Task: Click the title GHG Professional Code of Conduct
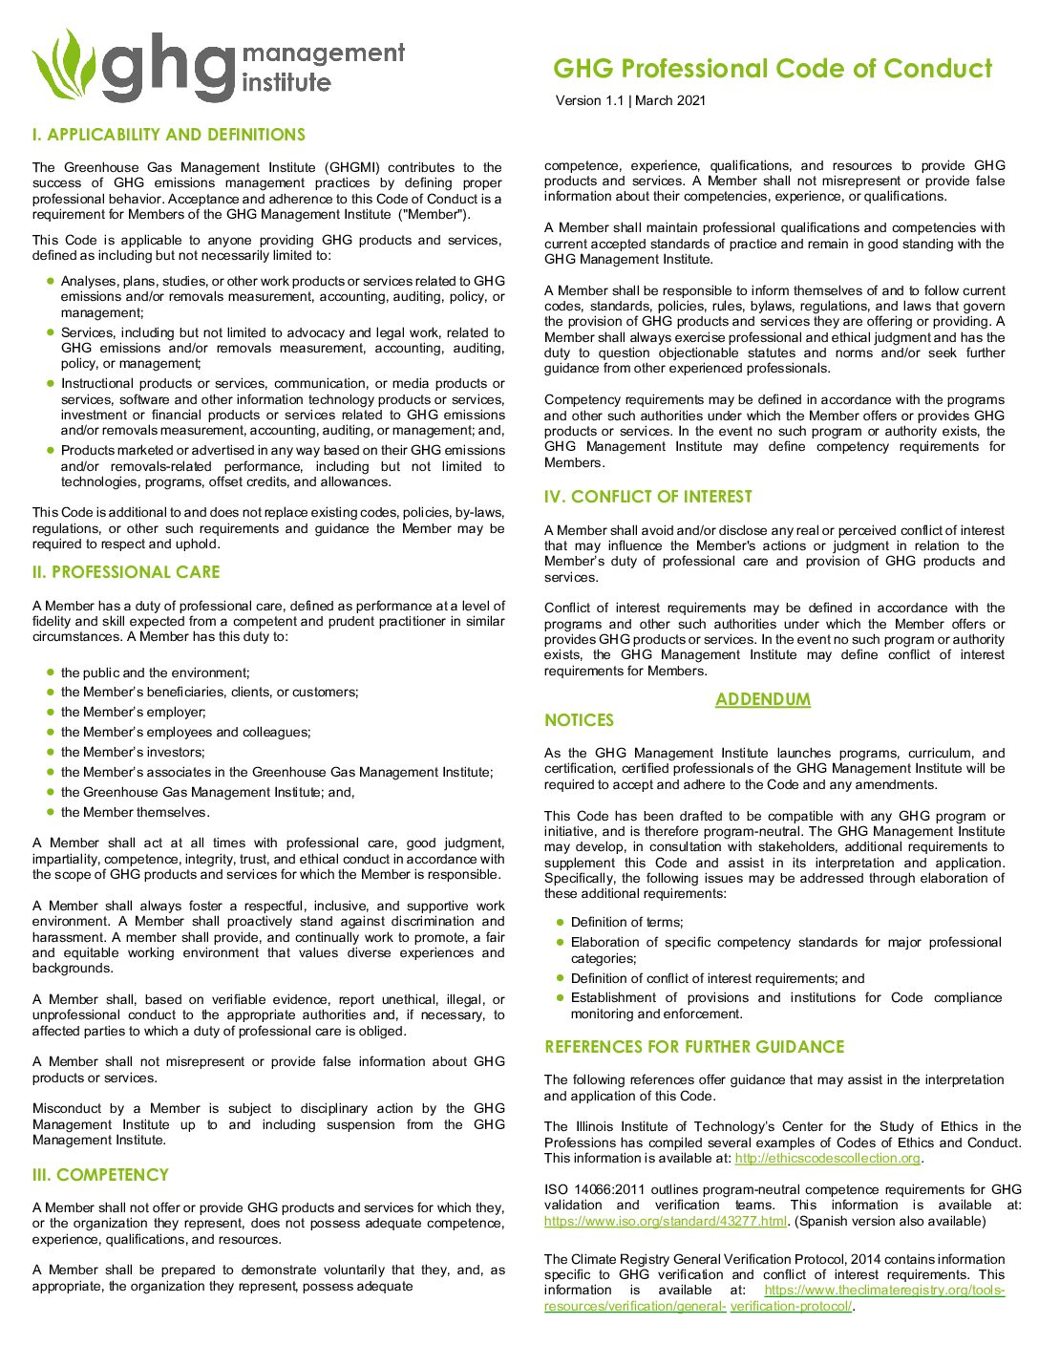pyautogui.click(x=773, y=69)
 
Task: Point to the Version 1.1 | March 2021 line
pyautogui.click(x=630, y=100)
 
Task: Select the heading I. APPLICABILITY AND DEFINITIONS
pyautogui.click(x=169, y=135)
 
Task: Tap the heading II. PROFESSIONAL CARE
pyautogui.click(x=126, y=572)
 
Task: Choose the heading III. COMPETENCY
pyautogui.click(x=100, y=1175)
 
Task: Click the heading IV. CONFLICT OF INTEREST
pyautogui.click(x=648, y=497)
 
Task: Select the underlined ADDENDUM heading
pyautogui.click(x=763, y=699)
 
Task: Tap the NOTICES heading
pyautogui.click(x=579, y=720)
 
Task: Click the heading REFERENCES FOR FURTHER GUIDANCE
pyautogui.click(x=694, y=1047)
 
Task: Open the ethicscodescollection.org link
pyautogui.click(x=827, y=1159)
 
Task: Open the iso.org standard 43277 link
pyautogui.click(x=666, y=1221)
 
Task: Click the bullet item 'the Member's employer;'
pyautogui.click(x=133, y=713)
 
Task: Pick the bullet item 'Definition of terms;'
pyautogui.click(x=626, y=923)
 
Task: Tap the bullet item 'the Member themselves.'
pyautogui.click(x=135, y=813)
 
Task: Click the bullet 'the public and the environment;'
pyautogui.click(x=155, y=673)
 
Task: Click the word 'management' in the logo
pyautogui.click(x=324, y=53)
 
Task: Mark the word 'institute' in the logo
pyautogui.click(x=286, y=82)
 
